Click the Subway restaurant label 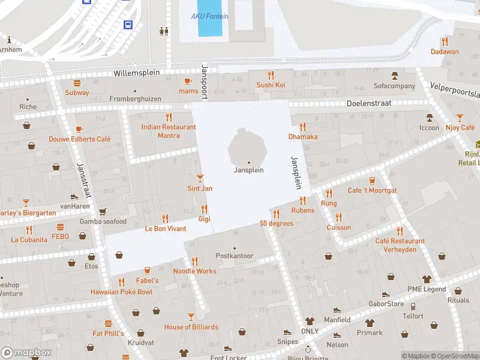pyautogui.click(x=77, y=92)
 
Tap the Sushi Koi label pyautogui.click(x=271, y=85)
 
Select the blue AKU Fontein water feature pyautogui.click(x=209, y=19)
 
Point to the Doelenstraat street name pyautogui.click(x=369, y=103)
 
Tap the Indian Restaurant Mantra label pyautogui.click(x=169, y=131)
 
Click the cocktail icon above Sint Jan pyautogui.click(x=200, y=178)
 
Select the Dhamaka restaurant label pyautogui.click(x=302, y=136)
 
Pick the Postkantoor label pyautogui.click(x=235, y=256)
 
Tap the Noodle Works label pyautogui.click(x=194, y=271)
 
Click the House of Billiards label pyautogui.click(x=191, y=327)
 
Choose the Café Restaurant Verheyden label pyautogui.click(x=400, y=245)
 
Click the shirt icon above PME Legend pyautogui.click(x=427, y=279)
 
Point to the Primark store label pyautogui.click(x=369, y=332)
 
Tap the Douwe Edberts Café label pyautogui.click(x=79, y=139)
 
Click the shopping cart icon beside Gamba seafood pyautogui.click(x=103, y=212)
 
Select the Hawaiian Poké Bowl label pyautogui.click(x=121, y=292)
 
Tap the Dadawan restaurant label pyautogui.click(x=444, y=52)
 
